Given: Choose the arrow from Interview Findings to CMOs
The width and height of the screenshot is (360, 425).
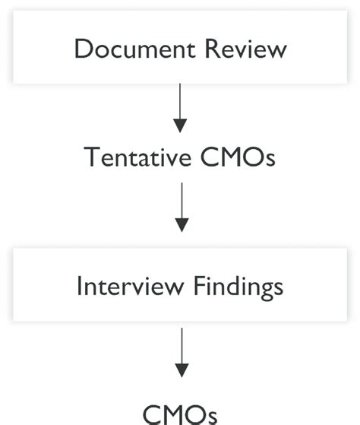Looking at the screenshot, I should pos(180,353).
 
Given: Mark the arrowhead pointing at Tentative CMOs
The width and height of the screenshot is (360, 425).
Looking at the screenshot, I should pos(180,125).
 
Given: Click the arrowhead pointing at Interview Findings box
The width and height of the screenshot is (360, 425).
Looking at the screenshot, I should pos(180,224).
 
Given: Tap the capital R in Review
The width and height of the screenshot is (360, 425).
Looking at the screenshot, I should pos(205,49).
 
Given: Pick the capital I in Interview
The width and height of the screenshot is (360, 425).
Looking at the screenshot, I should pos(80,286).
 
